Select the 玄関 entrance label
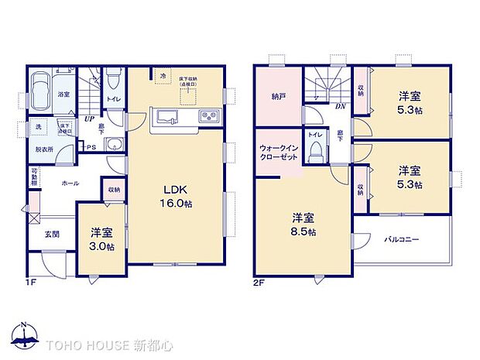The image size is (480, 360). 51,234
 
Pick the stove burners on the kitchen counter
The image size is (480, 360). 207,118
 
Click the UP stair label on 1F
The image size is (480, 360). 90,120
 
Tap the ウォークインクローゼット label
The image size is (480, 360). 276,151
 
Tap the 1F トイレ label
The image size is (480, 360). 113,99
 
